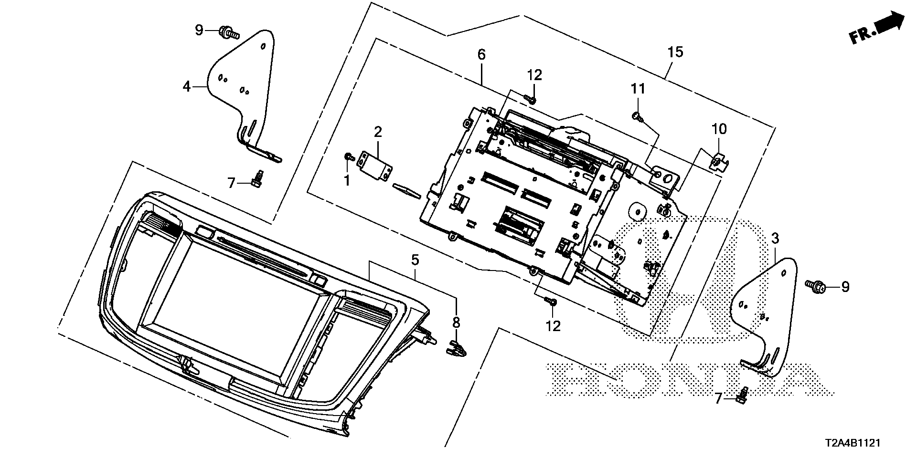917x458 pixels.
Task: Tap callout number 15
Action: pyautogui.click(x=675, y=52)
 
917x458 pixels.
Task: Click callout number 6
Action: pyautogui.click(x=481, y=54)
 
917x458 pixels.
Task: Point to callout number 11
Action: pyautogui.click(x=638, y=89)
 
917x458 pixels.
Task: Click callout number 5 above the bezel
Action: pyautogui.click(x=415, y=260)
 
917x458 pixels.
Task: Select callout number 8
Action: pyautogui.click(x=456, y=322)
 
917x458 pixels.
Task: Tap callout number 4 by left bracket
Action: pyautogui.click(x=187, y=86)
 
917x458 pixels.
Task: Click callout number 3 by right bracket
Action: pyautogui.click(x=775, y=238)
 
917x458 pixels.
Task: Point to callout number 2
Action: pyautogui.click(x=378, y=132)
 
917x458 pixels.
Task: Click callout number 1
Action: pyautogui.click(x=347, y=180)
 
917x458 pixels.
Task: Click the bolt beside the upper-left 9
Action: pyautogui.click(x=229, y=33)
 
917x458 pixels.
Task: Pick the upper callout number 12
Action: pyautogui.click(x=535, y=75)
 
